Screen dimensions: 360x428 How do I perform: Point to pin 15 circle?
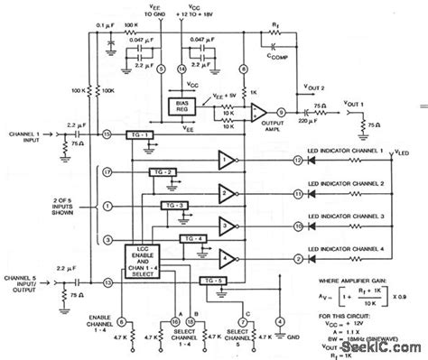tap(107, 134)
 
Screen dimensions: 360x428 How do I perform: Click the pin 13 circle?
tap(107, 283)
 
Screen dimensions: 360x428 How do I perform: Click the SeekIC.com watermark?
tap(378, 348)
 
